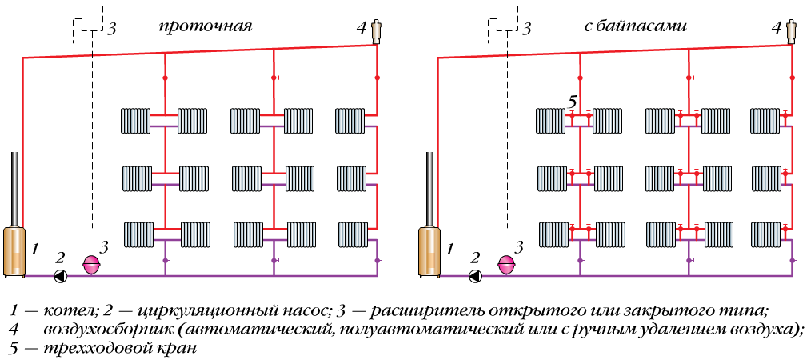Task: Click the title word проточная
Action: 206,27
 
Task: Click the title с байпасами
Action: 635,27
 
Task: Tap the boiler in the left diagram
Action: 16,251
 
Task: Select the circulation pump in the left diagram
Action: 61,276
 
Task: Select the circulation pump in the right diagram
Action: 476,276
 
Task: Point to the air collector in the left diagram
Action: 377,30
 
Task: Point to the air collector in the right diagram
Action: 792,30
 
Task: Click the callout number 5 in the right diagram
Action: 572,102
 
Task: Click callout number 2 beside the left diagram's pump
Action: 59,258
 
